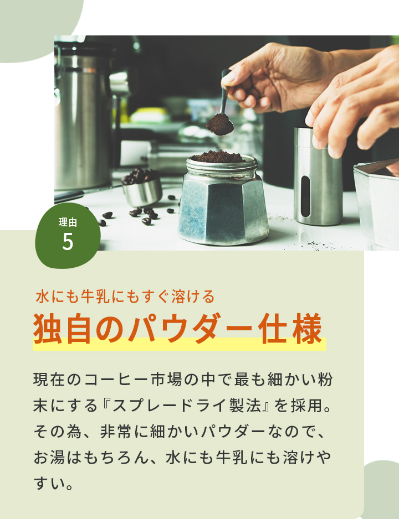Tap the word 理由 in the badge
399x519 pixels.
click(68, 223)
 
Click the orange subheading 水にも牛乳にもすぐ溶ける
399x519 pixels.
click(125, 297)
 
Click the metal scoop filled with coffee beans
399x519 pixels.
click(141, 189)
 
